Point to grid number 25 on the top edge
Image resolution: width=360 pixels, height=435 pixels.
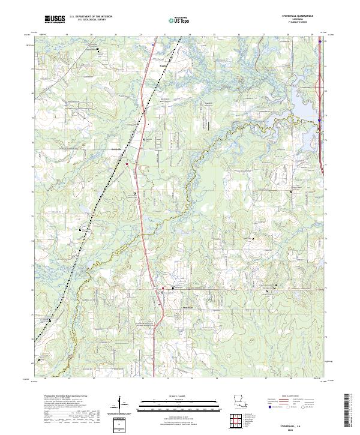(x=214, y=35)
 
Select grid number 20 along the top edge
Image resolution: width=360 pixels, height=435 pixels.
(x=91, y=35)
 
